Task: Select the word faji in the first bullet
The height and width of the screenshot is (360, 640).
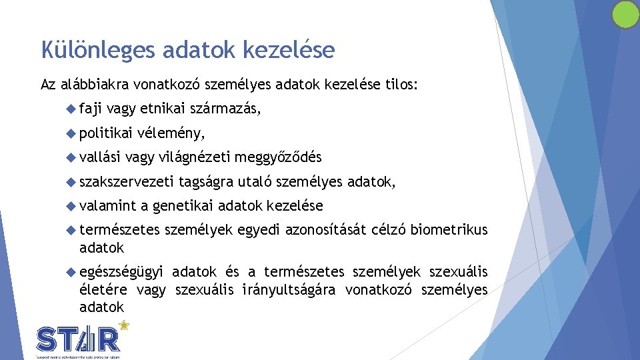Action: point(90,109)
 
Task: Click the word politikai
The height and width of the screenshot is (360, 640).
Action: point(107,133)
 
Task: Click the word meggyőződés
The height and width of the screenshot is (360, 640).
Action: point(278,157)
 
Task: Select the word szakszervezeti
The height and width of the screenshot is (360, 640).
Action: point(127,181)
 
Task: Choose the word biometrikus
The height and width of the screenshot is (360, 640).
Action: point(449,230)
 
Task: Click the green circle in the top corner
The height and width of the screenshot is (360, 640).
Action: point(625,15)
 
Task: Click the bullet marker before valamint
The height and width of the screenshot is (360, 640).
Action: point(72,205)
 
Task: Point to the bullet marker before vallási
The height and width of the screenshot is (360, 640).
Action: point(72,157)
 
